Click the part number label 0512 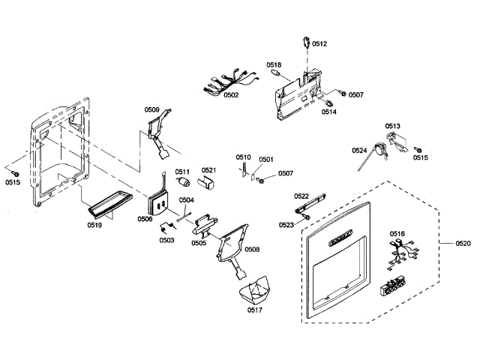(x=320, y=44)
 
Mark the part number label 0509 (x=152, y=110)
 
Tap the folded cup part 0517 (x=256, y=289)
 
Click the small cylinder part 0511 (x=182, y=183)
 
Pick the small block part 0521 (x=208, y=182)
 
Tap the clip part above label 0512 (x=306, y=41)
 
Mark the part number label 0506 (x=145, y=219)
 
